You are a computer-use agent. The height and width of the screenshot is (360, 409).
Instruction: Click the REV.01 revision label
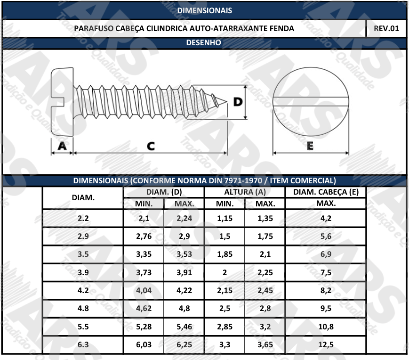point(386,28)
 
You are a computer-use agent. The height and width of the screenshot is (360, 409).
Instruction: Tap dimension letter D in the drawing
point(238,102)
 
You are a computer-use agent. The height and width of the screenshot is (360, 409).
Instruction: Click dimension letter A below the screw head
point(62,146)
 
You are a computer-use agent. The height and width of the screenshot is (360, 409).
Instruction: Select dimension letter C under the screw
point(151,146)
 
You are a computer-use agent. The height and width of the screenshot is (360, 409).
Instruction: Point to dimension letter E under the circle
point(310,146)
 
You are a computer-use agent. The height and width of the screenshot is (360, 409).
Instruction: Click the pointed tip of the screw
point(226,101)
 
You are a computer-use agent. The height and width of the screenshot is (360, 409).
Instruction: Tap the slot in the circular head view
point(311,102)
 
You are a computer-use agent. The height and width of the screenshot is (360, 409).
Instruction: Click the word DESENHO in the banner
point(203,42)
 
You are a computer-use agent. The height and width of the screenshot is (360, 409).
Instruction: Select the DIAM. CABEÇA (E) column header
point(326,192)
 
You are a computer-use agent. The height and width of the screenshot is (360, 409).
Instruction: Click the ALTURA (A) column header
point(245,192)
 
